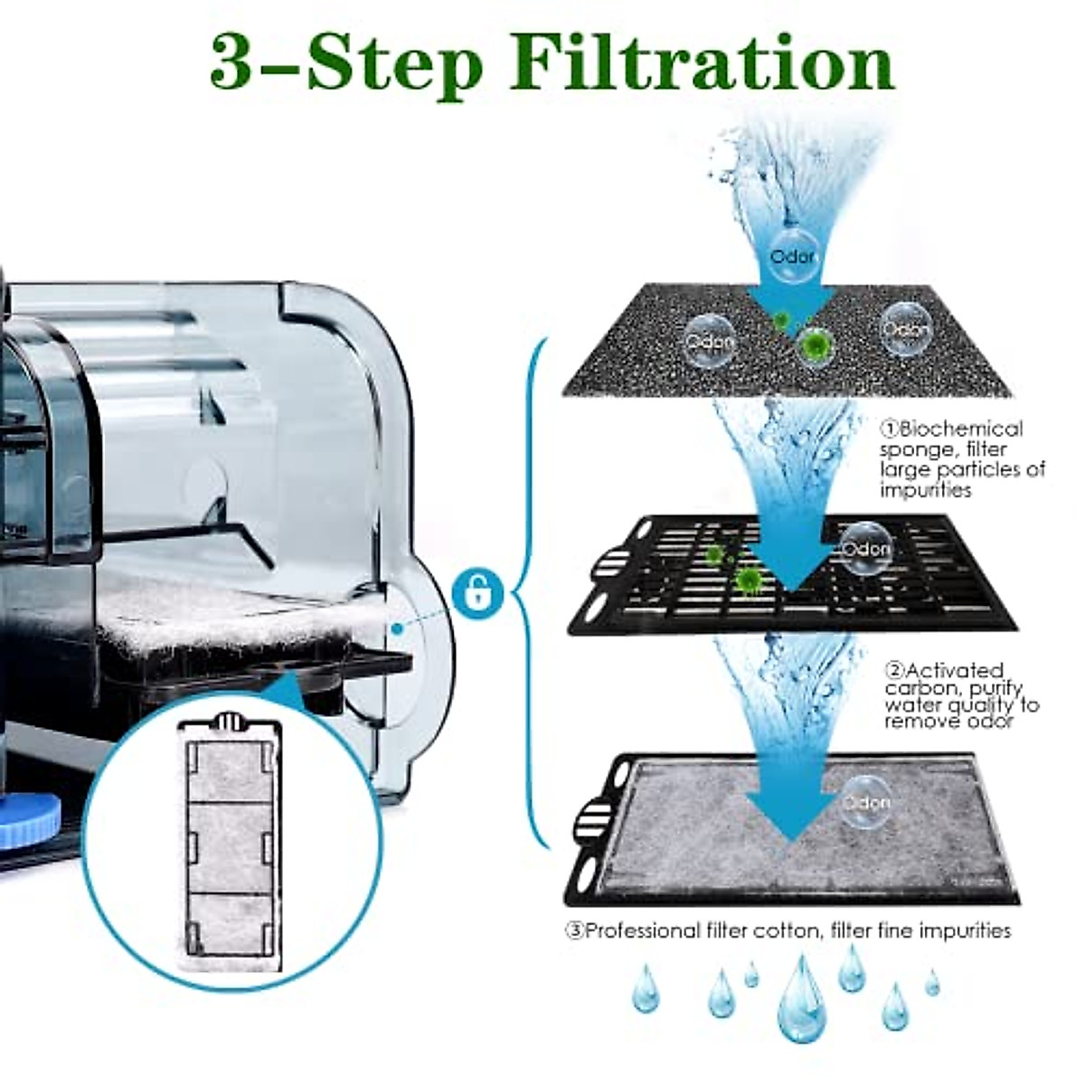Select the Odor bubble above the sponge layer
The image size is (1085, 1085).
[x=791, y=255]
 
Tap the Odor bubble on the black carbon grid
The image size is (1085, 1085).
[x=865, y=548]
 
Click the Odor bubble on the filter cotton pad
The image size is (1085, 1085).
[x=865, y=802]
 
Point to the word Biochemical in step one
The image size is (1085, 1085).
[x=960, y=429]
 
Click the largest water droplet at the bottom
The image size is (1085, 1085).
[x=801, y=999]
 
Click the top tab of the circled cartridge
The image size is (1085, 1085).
[x=230, y=722]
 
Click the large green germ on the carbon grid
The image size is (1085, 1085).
[x=747, y=580]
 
